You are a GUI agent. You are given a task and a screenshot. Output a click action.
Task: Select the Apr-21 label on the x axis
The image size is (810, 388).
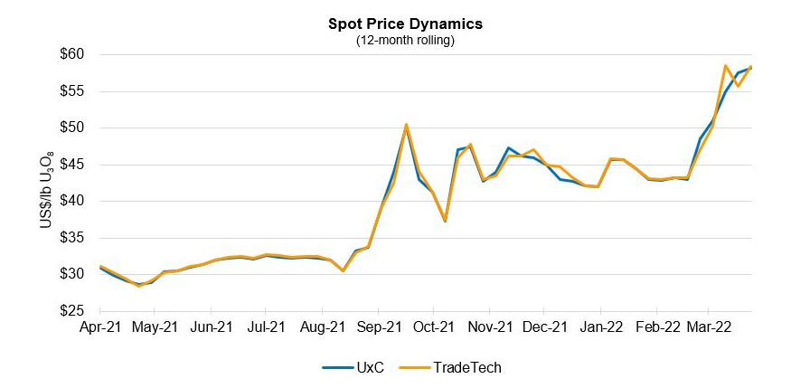tap(99, 326)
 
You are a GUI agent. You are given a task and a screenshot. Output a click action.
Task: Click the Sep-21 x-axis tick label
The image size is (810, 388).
tap(380, 326)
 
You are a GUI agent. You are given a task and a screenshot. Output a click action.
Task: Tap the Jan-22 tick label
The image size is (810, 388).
tap(603, 326)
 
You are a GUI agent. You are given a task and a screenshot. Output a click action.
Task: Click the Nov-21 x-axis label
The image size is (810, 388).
tap(491, 326)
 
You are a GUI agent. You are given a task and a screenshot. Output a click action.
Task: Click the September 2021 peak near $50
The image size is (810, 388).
tap(407, 125)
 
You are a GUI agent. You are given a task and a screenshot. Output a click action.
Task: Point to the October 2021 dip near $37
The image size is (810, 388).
tap(445, 220)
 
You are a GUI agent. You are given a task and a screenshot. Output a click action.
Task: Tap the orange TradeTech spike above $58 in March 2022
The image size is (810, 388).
tap(726, 66)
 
